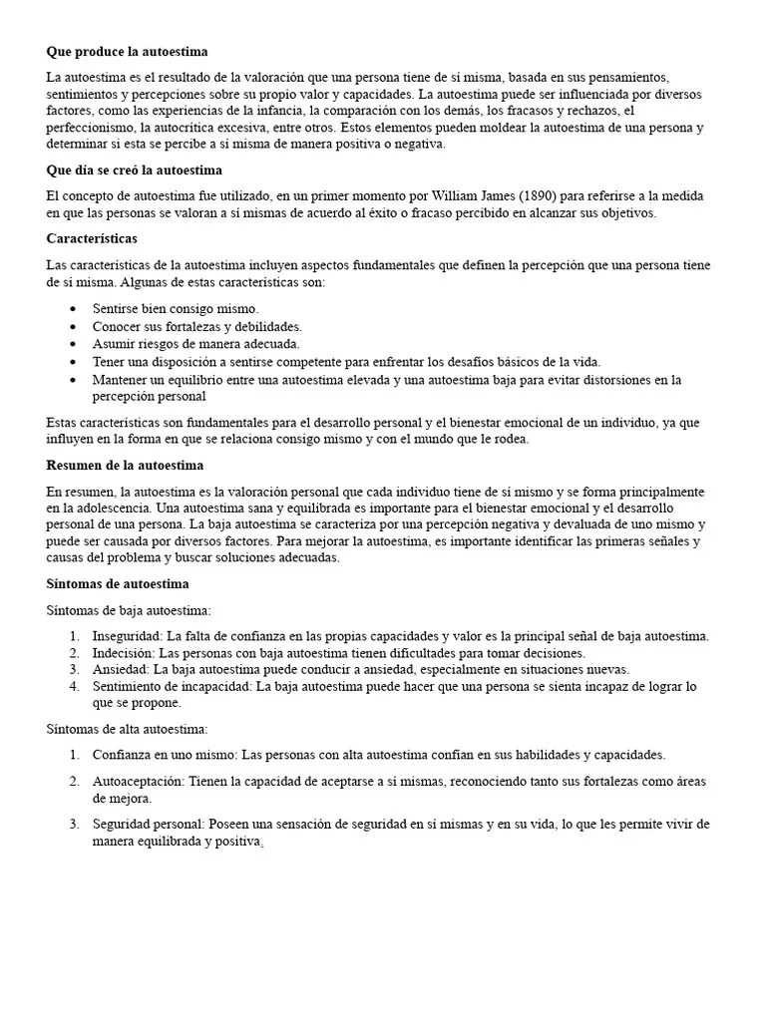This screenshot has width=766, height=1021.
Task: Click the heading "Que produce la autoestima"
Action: (127, 51)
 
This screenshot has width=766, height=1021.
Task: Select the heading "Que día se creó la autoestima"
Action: (135, 170)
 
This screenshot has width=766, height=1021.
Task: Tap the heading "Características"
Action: (92, 239)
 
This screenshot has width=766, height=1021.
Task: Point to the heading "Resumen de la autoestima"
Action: (125, 466)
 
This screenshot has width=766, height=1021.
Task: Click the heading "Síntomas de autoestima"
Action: (118, 583)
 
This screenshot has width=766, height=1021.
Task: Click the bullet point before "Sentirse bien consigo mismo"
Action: (73, 309)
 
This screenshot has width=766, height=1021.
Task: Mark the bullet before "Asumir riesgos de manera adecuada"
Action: (73, 344)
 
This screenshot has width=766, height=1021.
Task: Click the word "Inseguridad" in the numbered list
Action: (127, 635)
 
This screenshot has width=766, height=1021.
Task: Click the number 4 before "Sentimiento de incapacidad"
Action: (74, 686)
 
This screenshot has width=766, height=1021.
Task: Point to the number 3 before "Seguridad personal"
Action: (74, 825)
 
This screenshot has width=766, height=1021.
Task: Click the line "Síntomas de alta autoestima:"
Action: (127, 729)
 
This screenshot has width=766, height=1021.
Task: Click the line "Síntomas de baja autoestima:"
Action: (129, 609)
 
